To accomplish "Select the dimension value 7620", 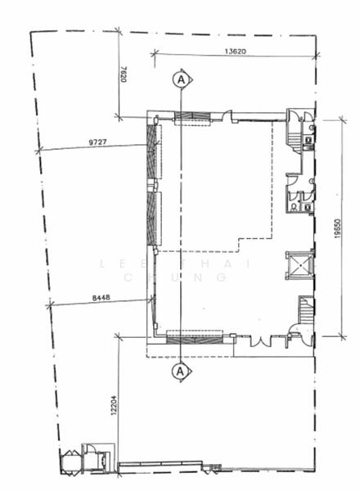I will pos(126,76).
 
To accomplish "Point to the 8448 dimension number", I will pos(101,299).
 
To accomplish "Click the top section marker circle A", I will pos(181,79).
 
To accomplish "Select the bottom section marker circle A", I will pos(181,372).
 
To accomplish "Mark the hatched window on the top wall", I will pos(195,119).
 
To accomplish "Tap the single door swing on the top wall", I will pos(227,116).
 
